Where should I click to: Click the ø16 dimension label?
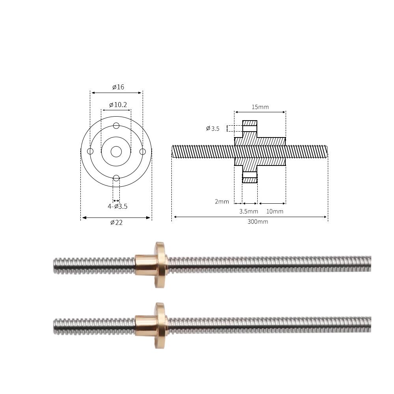point(118,87)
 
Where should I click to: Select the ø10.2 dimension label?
point(118,105)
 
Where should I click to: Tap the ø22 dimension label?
point(116,222)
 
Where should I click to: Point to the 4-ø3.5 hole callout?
point(117,206)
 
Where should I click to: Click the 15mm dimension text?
point(260,107)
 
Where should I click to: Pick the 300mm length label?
point(258,221)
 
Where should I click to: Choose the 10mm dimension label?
point(275,211)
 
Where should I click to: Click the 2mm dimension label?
point(222,201)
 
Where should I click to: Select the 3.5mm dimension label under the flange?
point(249,211)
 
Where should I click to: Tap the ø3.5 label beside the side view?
point(213,129)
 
